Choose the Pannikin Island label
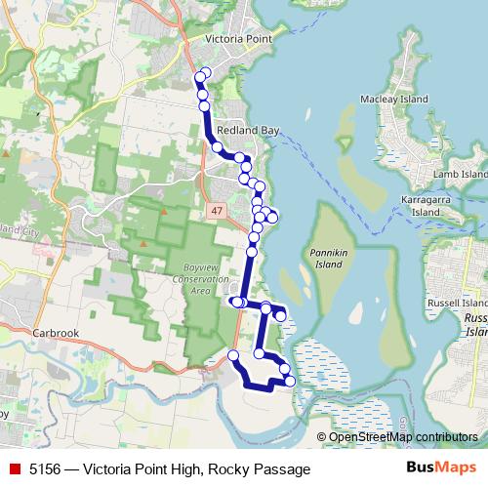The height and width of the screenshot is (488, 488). pyautogui.click(x=330, y=258)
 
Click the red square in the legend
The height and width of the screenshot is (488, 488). pyautogui.click(x=13, y=469)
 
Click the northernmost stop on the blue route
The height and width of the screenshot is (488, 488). pyautogui.click(x=204, y=73)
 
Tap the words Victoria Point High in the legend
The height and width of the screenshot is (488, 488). pyautogui.click(x=143, y=469)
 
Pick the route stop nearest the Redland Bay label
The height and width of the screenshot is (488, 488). pyautogui.click(x=218, y=146)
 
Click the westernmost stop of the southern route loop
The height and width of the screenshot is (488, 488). pyautogui.click(x=232, y=355)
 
